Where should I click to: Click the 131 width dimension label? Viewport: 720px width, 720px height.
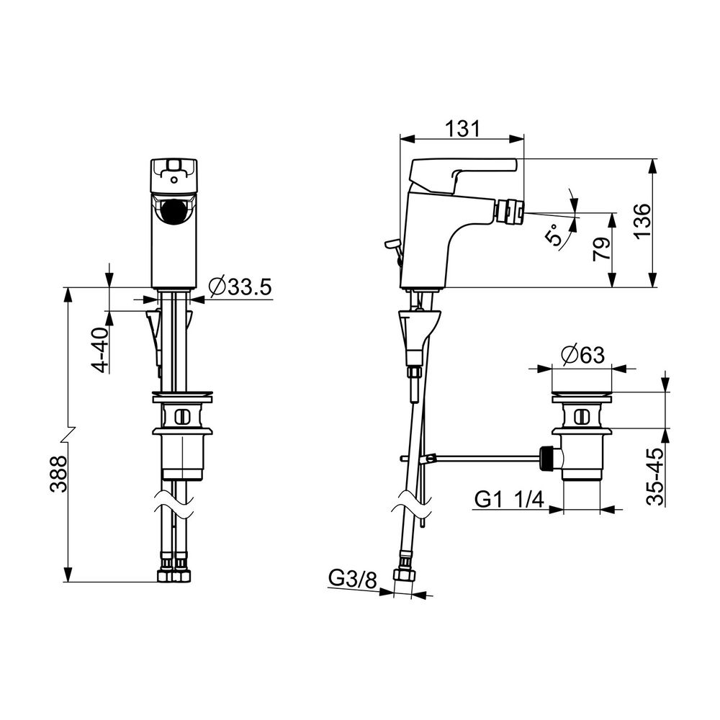pyautogui.click(x=462, y=128)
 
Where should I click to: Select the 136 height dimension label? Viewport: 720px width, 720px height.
pyautogui.click(x=642, y=220)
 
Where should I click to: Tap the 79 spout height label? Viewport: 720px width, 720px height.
pyautogui.click(x=602, y=249)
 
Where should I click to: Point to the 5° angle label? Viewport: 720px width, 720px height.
pyautogui.click(x=554, y=234)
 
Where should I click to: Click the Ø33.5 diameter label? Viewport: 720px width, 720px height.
pyautogui.click(x=240, y=287)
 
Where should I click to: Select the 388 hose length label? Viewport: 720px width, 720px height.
pyautogui.click(x=58, y=474)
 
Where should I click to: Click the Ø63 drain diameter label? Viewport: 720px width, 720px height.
pyautogui.click(x=582, y=354)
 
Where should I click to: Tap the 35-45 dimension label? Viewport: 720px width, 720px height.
pyautogui.click(x=655, y=477)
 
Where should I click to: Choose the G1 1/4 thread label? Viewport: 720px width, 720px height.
pyautogui.click(x=509, y=499)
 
